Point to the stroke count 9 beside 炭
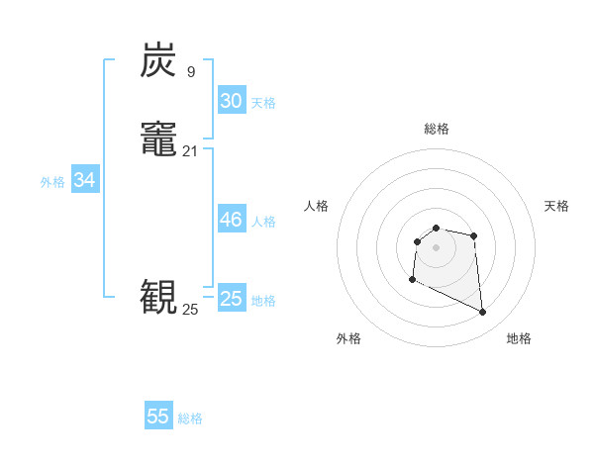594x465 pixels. (x=190, y=71)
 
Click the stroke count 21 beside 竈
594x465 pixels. (x=190, y=150)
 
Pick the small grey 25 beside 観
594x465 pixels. (x=190, y=309)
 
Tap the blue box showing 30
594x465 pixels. (x=231, y=101)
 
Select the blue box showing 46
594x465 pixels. (x=231, y=220)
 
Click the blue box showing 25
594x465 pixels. (x=231, y=299)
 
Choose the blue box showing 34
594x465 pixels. (x=84, y=180)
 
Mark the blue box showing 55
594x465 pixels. (x=158, y=417)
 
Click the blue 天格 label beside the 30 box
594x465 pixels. (x=263, y=103)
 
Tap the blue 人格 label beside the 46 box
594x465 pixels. (x=263, y=222)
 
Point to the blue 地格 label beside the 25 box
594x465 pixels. (x=263, y=301)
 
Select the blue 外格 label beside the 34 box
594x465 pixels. (x=52, y=182)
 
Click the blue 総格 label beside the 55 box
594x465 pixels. (x=190, y=418)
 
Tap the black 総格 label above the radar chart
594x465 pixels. (x=437, y=129)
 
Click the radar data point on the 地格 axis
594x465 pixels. (x=483, y=313)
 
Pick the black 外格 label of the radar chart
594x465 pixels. (x=348, y=338)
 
